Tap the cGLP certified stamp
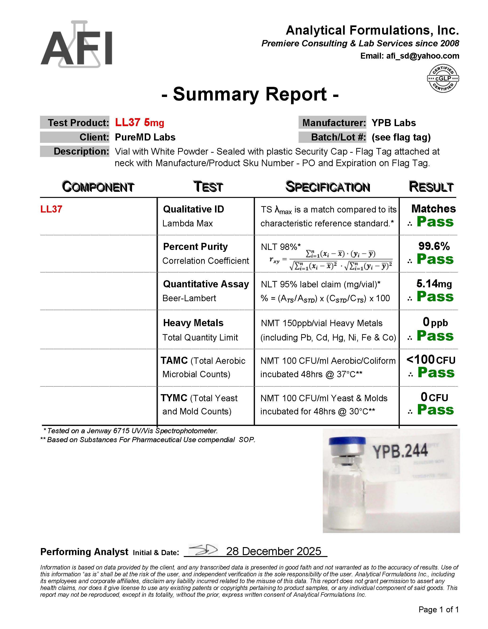pyautogui.click(x=443, y=78)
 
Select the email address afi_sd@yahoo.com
pyautogui.click(x=422, y=56)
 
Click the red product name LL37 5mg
pyautogui.click(x=139, y=123)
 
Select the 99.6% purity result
pyautogui.click(x=434, y=246)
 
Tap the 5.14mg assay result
pyautogui.click(x=434, y=284)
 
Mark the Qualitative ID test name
pyautogui.click(x=193, y=209)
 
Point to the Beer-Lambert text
pyautogui.click(x=189, y=298)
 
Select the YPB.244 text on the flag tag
pyautogui.click(x=400, y=451)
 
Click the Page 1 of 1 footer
pyautogui.click(x=438, y=609)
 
